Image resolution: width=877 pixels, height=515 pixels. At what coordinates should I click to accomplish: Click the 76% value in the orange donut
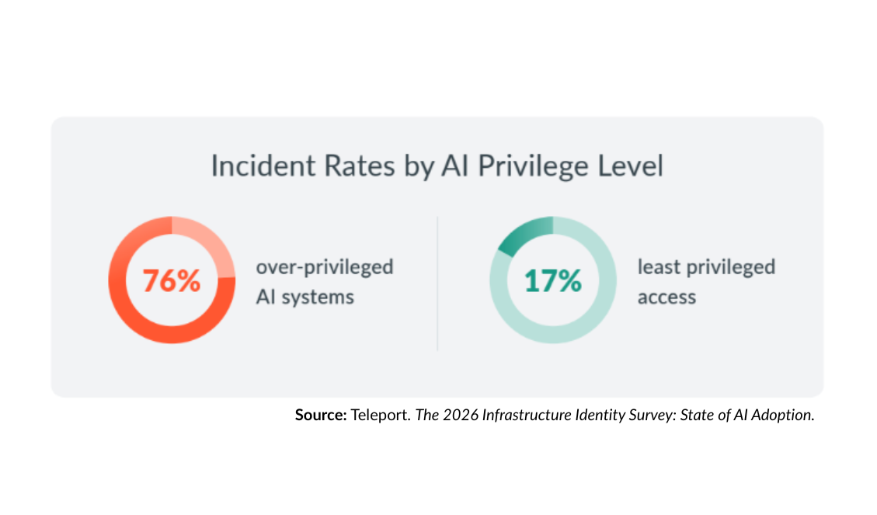(172, 281)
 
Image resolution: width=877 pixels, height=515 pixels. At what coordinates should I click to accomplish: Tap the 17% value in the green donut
(552, 281)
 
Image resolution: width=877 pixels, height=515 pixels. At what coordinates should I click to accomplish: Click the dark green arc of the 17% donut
(523, 235)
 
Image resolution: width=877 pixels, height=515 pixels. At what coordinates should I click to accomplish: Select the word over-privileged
(325, 268)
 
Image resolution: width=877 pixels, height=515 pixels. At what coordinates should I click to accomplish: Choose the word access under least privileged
(666, 298)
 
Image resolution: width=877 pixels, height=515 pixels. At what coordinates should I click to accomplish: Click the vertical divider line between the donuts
(437, 284)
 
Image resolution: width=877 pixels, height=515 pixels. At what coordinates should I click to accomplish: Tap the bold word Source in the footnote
(320, 415)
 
